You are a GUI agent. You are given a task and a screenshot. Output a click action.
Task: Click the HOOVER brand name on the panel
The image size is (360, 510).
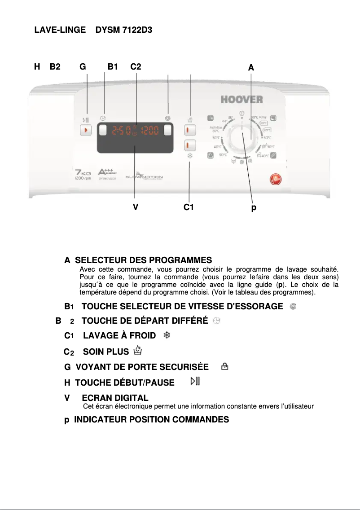(x=241, y=99)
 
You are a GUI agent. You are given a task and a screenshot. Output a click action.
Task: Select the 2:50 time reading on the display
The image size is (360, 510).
(x=121, y=131)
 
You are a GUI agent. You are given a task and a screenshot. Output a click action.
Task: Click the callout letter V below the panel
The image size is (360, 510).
(x=135, y=208)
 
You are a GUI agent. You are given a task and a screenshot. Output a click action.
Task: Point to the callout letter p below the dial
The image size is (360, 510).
(x=254, y=208)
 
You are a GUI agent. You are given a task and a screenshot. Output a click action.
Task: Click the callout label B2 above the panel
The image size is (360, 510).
(x=55, y=67)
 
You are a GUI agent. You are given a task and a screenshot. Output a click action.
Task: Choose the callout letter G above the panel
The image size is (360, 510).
(x=83, y=67)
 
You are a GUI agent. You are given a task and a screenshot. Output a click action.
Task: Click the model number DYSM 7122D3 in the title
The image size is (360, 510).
(x=127, y=31)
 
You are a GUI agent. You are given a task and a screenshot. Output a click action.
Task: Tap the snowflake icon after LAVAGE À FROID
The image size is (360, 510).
(x=166, y=335)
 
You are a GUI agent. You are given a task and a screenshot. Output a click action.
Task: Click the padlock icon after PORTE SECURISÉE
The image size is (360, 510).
(x=224, y=367)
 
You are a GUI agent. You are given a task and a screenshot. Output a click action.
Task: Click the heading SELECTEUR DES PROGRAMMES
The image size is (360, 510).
(x=143, y=260)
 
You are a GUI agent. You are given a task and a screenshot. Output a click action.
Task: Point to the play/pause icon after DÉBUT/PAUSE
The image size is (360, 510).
(x=195, y=382)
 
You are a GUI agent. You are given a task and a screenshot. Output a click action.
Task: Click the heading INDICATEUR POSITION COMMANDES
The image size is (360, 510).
(x=151, y=420)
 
